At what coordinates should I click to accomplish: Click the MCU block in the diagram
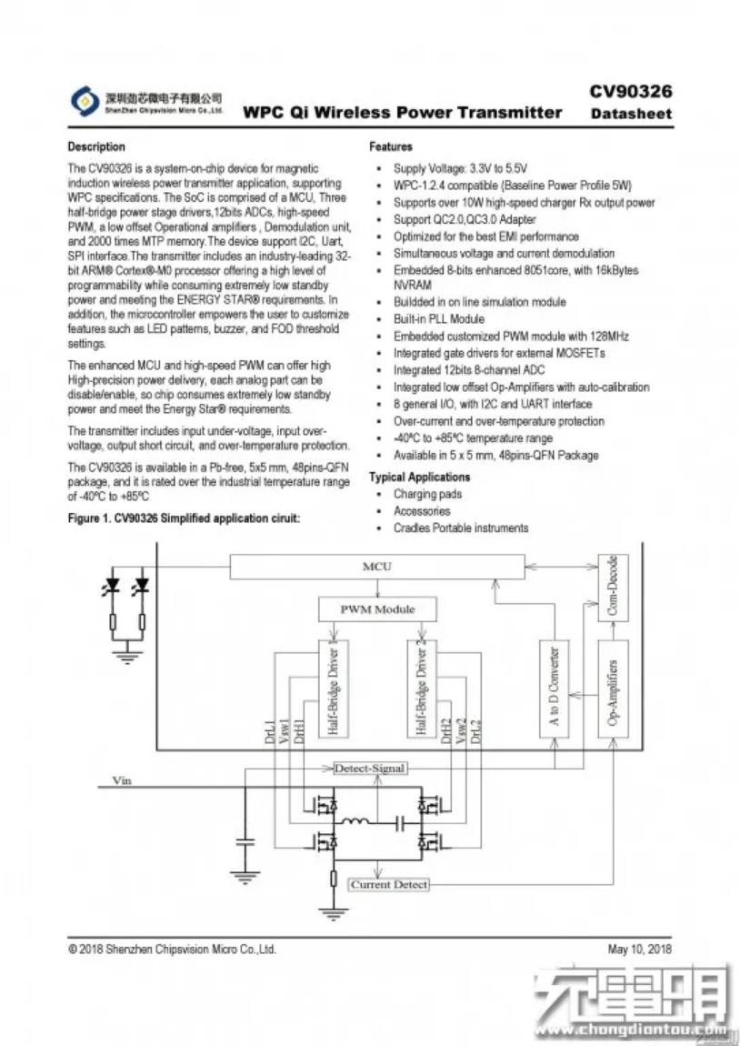point(376,567)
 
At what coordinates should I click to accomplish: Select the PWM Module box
point(376,608)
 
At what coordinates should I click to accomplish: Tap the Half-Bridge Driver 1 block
point(332,689)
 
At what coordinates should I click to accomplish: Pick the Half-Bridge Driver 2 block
point(421,689)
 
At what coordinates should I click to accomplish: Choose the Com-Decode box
point(612,588)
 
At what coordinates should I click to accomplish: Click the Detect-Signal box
point(369,769)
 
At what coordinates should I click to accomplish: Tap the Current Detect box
point(388,884)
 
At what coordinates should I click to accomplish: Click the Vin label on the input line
point(121,780)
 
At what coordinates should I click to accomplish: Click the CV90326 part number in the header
point(630,91)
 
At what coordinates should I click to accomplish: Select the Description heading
point(96,146)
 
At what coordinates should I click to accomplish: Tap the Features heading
point(391,146)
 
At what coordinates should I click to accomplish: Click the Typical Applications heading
point(419,477)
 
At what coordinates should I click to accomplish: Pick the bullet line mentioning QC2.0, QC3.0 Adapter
point(465,219)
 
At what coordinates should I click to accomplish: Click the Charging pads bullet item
point(427,494)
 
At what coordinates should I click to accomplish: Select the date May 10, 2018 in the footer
point(639,950)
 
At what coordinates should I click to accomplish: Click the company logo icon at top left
point(84,98)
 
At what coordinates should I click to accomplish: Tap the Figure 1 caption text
point(184,518)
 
